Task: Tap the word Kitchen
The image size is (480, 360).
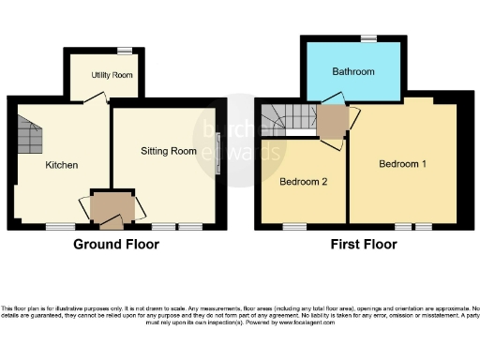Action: (x=62, y=165)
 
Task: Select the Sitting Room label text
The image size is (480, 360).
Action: (x=169, y=150)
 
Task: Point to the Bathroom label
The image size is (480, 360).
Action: (x=353, y=72)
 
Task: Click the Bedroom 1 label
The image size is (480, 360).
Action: (x=402, y=164)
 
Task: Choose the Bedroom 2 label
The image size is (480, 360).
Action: (x=304, y=181)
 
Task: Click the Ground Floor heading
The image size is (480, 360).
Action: (x=116, y=245)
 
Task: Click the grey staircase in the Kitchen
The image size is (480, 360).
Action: (x=30, y=136)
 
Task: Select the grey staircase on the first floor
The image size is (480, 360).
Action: (x=285, y=118)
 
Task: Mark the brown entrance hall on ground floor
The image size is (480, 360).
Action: (x=112, y=206)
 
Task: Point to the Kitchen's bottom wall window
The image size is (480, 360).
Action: (x=61, y=226)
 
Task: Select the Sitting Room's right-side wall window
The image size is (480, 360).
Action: (x=218, y=153)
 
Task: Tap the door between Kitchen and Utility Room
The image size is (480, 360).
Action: (x=94, y=104)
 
